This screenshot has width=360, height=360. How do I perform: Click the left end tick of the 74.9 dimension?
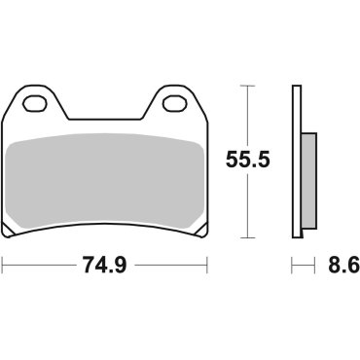click(x=3, y=264)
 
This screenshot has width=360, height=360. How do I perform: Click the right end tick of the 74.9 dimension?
click(x=207, y=264)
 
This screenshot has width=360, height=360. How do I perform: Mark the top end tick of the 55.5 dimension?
click(x=250, y=86)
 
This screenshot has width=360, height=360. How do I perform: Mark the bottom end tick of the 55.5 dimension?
click(x=250, y=237)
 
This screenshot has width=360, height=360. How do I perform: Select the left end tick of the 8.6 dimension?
click(x=293, y=264)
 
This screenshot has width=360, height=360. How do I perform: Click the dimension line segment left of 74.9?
click(x=39, y=264)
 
